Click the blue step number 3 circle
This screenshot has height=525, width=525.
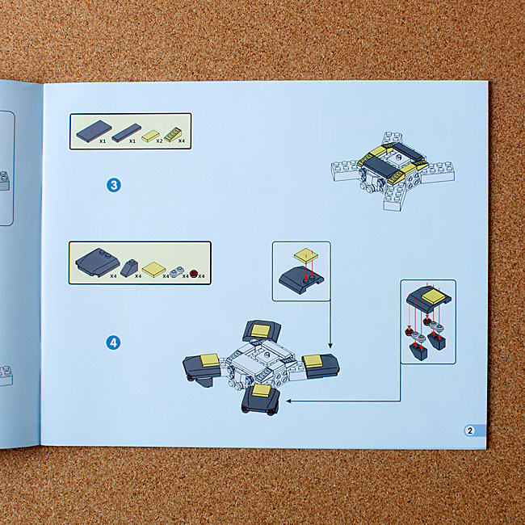(x=114, y=185)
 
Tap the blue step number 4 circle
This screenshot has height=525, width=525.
(x=114, y=342)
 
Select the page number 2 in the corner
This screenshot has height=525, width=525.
(x=470, y=430)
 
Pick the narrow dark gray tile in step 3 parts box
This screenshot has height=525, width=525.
(x=127, y=132)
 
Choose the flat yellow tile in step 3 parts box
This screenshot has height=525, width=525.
(x=150, y=136)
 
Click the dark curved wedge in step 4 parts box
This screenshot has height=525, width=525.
(x=98, y=262)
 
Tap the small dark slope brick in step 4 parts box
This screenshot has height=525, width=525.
(x=129, y=268)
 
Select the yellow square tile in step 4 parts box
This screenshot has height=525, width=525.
(x=154, y=269)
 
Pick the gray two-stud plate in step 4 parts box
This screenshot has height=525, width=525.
(x=178, y=272)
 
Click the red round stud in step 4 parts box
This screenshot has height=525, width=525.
(x=194, y=273)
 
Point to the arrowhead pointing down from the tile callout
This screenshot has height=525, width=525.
(x=330, y=346)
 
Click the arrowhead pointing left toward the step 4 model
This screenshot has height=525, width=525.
(x=289, y=401)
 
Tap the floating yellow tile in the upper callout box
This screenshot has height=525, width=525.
(x=306, y=255)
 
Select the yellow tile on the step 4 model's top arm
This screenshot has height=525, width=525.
(x=261, y=330)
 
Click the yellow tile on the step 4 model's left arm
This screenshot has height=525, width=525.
(x=210, y=360)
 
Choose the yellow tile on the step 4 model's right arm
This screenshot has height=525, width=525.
(x=313, y=362)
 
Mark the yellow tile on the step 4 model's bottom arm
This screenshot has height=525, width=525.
(x=262, y=391)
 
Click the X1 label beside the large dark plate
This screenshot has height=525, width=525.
(x=103, y=141)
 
